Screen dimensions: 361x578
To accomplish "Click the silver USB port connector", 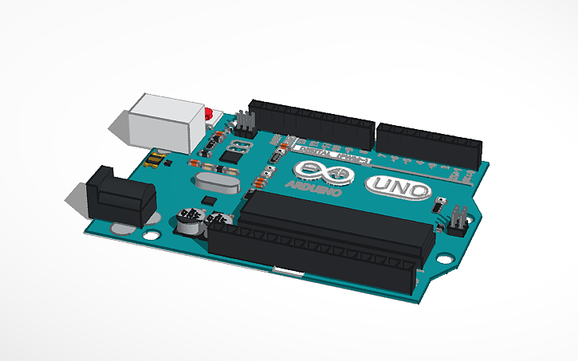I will [163, 122].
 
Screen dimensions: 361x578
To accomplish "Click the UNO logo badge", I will [399, 189].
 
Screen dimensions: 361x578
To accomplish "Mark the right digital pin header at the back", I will [429, 141].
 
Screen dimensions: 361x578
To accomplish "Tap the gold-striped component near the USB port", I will [155, 162].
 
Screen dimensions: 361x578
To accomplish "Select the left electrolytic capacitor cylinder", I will [188, 223].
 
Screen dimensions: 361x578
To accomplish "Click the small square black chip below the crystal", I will [209, 198].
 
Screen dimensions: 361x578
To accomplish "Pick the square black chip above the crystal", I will [230, 157].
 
